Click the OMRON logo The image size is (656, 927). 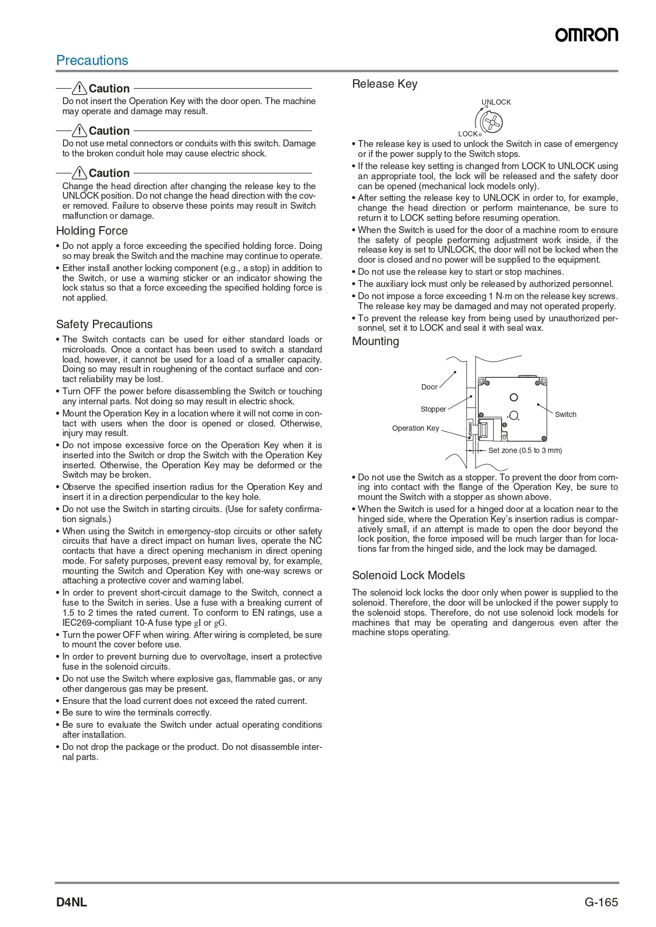point(586,35)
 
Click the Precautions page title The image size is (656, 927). point(92,60)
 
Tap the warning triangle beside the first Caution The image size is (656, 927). point(79,88)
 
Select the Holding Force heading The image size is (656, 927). point(92,231)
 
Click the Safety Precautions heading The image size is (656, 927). point(104,325)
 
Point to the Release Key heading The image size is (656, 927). point(384,84)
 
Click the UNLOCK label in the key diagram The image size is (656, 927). point(496,102)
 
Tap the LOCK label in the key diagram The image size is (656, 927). point(468,134)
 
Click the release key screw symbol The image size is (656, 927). point(492,123)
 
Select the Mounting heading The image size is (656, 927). point(375,341)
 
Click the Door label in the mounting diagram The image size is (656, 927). point(429,387)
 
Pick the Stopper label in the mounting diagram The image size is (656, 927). point(433,409)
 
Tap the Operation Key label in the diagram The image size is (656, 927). point(415,428)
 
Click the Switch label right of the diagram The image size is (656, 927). point(566,414)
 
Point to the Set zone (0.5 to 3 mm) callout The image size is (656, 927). point(525,450)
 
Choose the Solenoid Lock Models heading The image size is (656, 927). point(409,576)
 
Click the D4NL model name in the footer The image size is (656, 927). point(71,902)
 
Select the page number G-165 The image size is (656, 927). point(601,902)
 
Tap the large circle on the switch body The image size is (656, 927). point(513,397)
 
